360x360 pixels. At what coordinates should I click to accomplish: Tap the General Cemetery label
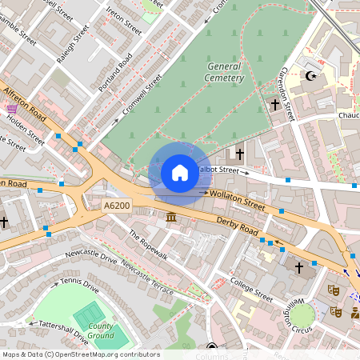[225, 72]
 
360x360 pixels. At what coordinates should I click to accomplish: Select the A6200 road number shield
[117, 206]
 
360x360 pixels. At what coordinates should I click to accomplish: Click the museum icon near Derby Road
[171, 218]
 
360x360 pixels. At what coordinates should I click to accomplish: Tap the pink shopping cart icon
[11, 108]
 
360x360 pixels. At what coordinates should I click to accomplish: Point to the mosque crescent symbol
[311, 77]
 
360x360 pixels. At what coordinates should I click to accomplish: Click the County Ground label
[102, 331]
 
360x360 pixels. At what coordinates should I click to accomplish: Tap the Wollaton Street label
[238, 199]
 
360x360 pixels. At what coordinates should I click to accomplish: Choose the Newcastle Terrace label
[147, 281]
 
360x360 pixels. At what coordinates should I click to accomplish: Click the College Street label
[251, 286]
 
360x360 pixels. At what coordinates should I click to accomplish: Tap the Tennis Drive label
[80, 286]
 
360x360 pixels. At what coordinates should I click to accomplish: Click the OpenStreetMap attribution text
[80, 354]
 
